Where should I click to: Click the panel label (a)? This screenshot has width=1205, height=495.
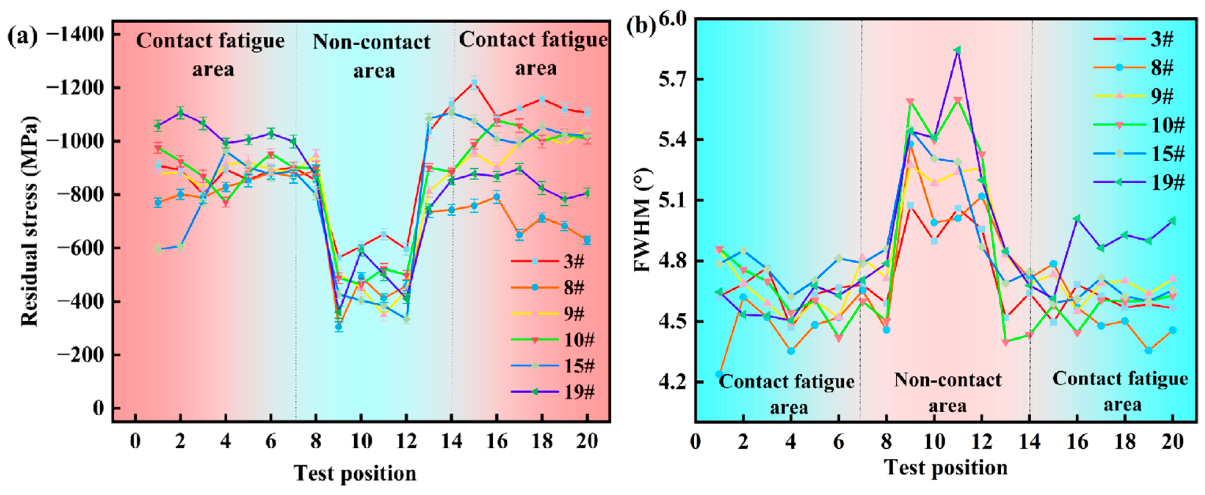click(x=22, y=36)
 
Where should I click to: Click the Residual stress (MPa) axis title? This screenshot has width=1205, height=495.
click(x=29, y=221)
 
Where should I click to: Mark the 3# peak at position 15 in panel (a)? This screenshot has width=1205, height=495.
click(x=474, y=83)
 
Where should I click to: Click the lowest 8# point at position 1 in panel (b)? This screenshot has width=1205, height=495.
click(x=719, y=374)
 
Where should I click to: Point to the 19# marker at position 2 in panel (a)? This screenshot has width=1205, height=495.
click(x=181, y=112)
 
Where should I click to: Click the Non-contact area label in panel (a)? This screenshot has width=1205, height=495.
click(x=372, y=56)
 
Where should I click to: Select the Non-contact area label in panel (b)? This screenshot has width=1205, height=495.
click(x=947, y=392)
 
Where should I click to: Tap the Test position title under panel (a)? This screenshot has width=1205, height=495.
click(x=355, y=473)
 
